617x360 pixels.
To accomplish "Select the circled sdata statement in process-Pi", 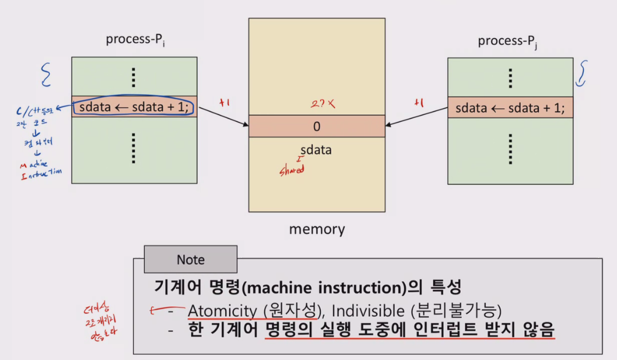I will pos(134,107).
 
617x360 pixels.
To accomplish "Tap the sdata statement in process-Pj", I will pos(510,107).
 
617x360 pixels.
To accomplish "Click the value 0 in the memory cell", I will pos(317,126).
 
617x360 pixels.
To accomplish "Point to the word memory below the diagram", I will pos(317,229).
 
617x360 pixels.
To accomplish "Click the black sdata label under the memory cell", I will pos(317,150).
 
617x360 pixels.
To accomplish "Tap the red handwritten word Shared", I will pos(292,170).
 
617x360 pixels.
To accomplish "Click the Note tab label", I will pos(191,260).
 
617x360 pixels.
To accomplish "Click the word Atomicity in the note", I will pos(221,310).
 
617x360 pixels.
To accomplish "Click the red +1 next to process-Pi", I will pos(223,102).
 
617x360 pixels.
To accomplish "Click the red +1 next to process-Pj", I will pos(418,103).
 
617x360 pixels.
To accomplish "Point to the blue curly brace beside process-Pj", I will pos(581,73).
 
